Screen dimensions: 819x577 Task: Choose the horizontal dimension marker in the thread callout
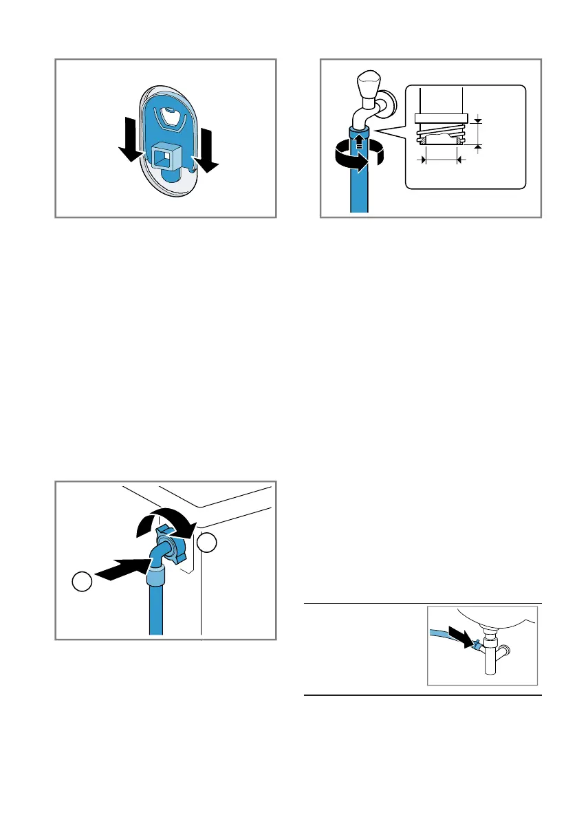coord(441,160)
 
